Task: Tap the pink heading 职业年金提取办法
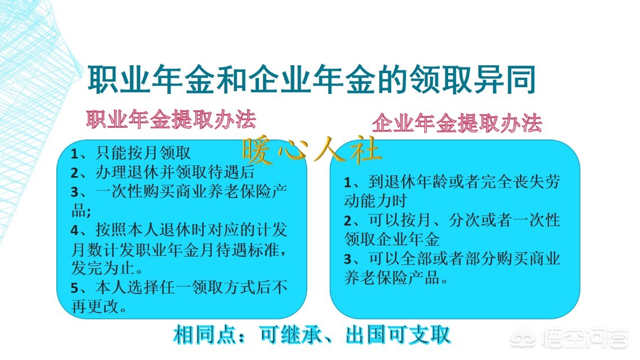[x=171, y=119]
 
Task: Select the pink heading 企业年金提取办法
[x=456, y=123]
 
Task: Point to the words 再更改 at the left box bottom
[x=94, y=308]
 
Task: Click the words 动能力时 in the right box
[x=375, y=201]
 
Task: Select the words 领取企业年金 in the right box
[x=392, y=239]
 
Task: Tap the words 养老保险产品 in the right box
[x=392, y=277]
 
